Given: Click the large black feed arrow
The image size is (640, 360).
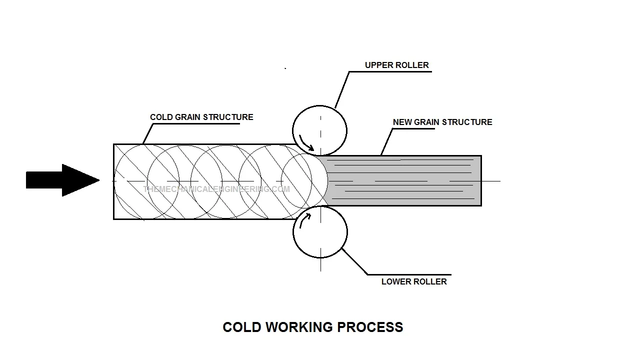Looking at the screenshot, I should tap(60, 180).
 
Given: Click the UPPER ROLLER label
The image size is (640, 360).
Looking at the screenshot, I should tap(396, 65).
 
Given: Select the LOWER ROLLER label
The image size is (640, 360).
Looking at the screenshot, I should tap(414, 281).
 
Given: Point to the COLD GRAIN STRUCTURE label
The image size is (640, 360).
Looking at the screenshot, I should tap(201, 117).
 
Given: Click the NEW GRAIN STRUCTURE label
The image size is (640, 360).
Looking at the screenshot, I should tap(442, 122).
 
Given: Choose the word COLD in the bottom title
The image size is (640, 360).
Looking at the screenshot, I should tap(242, 327).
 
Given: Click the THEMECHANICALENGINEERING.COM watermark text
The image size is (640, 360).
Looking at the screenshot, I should tap(216, 189).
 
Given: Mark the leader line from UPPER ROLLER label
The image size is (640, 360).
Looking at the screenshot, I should tap(342, 90).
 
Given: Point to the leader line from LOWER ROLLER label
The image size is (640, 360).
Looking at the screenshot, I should tap(355, 261).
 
